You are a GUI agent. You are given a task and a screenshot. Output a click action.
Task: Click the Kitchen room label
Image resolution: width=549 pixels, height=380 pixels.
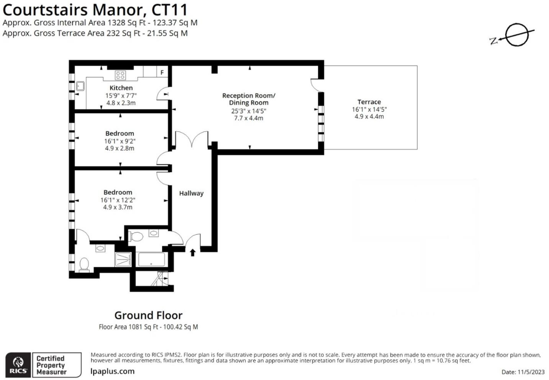tap(121, 88)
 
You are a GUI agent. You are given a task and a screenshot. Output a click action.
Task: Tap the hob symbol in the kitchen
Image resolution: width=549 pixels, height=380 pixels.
tap(120, 75)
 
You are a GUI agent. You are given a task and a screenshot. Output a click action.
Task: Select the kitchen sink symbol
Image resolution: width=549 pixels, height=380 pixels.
tap(80, 86)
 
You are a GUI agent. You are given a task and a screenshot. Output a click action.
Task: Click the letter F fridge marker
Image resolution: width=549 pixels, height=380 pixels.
tap(162, 72)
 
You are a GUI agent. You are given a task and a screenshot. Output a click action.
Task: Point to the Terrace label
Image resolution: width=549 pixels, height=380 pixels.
tap(369, 102)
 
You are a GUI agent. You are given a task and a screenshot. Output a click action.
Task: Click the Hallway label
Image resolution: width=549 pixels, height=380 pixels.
tap(191, 193)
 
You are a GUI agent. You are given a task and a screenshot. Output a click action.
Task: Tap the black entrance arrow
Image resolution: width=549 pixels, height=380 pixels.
tap(193, 252)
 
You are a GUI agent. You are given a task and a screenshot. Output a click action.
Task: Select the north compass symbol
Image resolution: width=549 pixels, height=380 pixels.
tap(516, 35)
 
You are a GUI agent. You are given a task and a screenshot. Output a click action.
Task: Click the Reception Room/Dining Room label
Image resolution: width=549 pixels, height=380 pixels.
tap(249, 99)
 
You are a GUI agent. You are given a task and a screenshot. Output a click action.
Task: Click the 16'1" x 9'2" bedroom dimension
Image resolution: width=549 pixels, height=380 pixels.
tap(120, 141)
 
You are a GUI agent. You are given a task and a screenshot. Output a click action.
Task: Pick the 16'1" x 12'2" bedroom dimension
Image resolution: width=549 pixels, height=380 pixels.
tap(118, 200)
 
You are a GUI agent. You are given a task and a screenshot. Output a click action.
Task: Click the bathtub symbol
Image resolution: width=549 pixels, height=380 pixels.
tap(151, 259)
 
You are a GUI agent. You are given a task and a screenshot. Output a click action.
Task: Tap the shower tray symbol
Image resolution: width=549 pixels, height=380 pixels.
tap(123, 259)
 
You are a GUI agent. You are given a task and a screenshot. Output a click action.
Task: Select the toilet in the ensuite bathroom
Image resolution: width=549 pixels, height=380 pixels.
tap(84, 264)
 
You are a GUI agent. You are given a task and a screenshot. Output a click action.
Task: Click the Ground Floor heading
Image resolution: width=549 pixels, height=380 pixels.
tap(148, 315)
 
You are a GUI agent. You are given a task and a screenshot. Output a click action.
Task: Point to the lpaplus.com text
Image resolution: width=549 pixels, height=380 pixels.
tap(112, 371)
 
